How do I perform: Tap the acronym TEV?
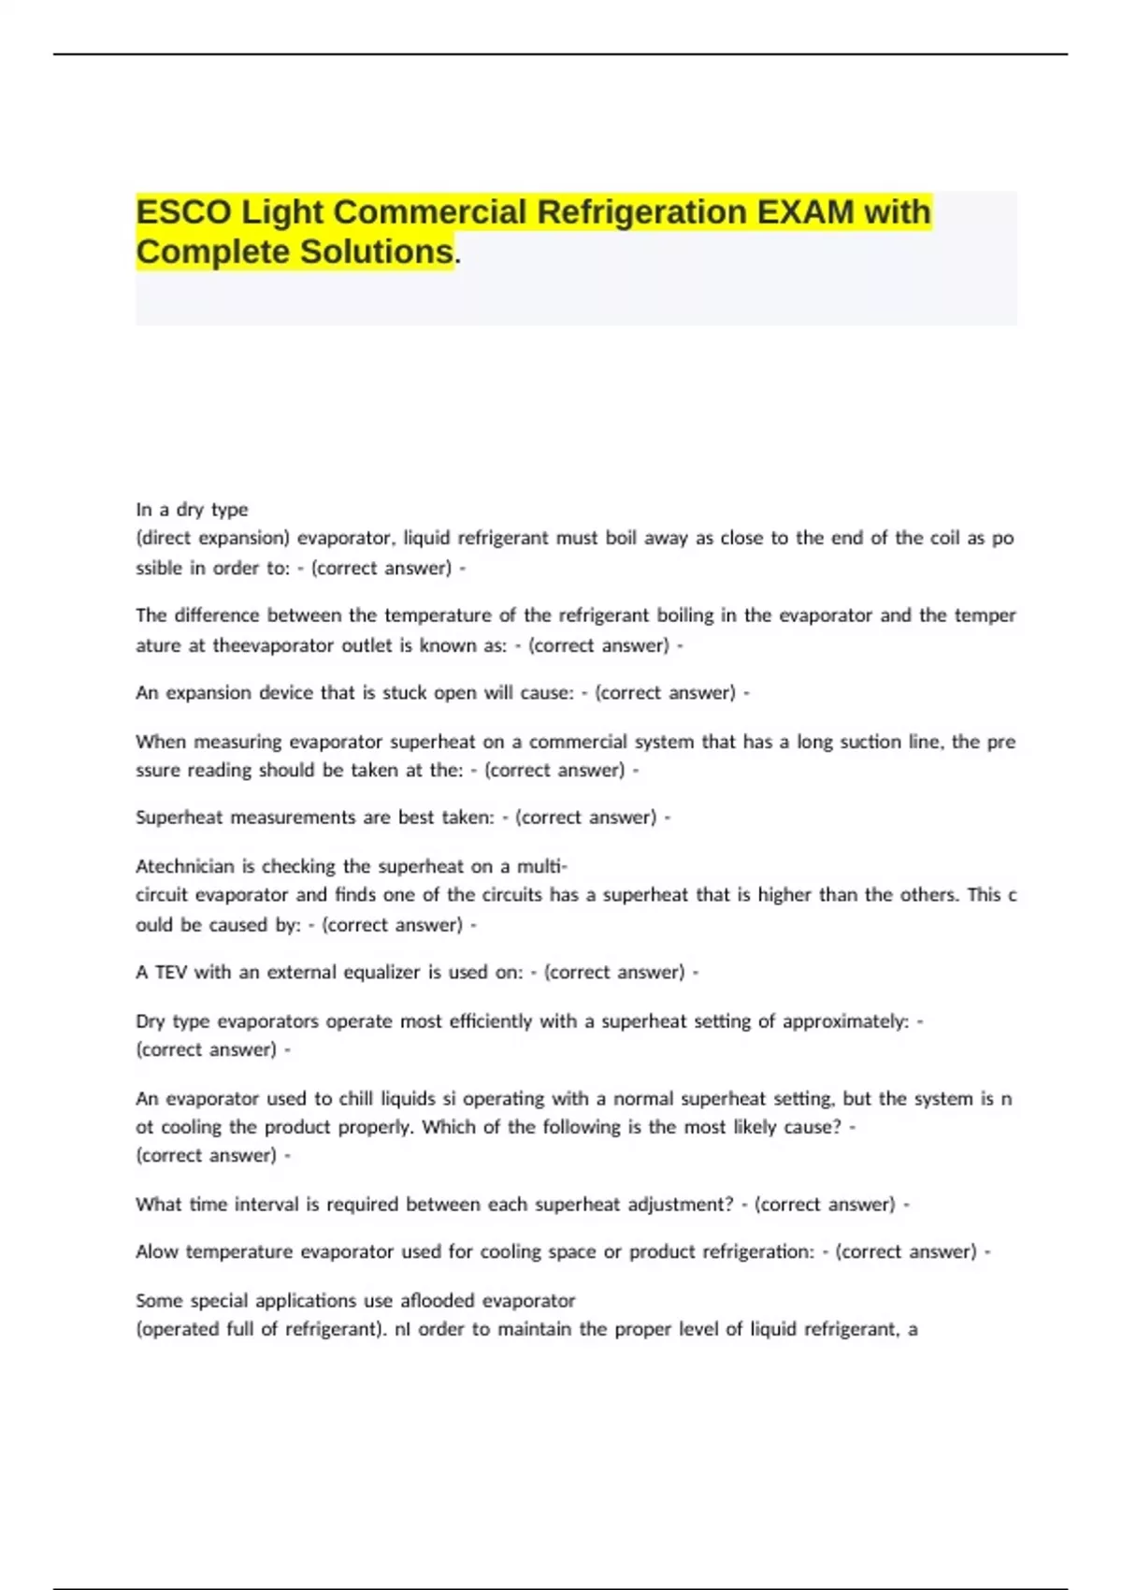point(171,973)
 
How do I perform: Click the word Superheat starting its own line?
point(180,817)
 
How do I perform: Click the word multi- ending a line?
point(542,866)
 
